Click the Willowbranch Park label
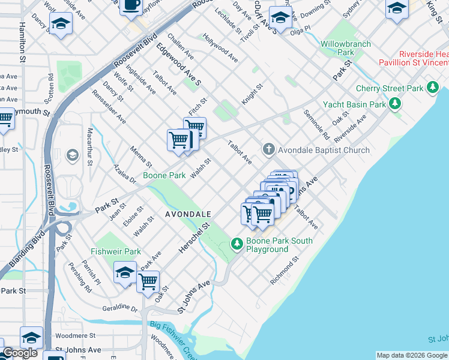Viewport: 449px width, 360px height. (x=345, y=48)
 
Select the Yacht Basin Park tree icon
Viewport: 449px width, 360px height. (x=394, y=104)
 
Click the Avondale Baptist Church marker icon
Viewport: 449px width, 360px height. (x=268, y=149)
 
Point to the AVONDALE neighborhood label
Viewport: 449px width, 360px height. (x=188, y=214)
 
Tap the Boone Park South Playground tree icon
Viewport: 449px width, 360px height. (x=237, y=244)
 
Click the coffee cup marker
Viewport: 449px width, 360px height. (x=131, y=6)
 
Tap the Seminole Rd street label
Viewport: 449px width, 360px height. (x=317, y=123)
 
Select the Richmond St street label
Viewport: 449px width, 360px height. (x=284, y=271)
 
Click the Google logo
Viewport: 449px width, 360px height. (x=20, y=353)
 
